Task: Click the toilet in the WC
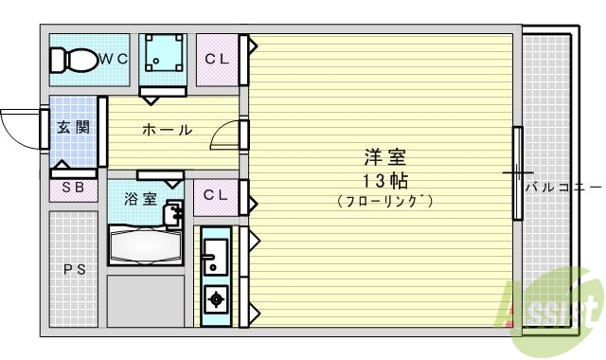(x=74, y=60)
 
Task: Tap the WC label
(x=114, y=59)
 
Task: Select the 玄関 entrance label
(x=72, y=128)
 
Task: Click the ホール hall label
(x=167, y=130)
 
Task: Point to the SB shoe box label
(x=73, y=187)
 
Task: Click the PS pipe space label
(x=73, y=270)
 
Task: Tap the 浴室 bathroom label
(x=139, y=199)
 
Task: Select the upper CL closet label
(x=217, y=59)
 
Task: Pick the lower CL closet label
(x=216, y=195)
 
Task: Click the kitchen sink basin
(x=214, y=254)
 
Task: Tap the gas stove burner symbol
(x=215, y=300)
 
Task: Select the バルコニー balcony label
(x=562, y=187)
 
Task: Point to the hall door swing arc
(x=223, y=137)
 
